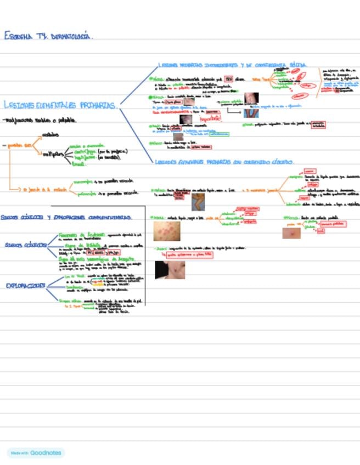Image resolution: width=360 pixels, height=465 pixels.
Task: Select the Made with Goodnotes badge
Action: pos(36,453)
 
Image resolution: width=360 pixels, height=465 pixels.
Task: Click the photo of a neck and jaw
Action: pos(170,269)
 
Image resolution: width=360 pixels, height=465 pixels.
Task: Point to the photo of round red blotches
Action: pos(167,231)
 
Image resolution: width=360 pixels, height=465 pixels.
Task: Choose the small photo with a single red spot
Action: pos(291,233)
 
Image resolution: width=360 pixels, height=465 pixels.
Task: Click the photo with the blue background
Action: pos(251,112)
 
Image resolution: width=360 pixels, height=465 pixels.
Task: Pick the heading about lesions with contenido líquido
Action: pos(225,162)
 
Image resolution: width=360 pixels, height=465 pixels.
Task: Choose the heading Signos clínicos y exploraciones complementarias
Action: pos(66,217)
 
